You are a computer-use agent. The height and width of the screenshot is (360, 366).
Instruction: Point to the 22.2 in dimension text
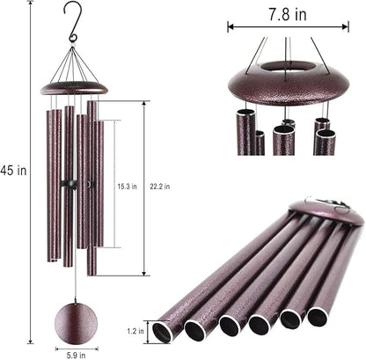coord(161,185)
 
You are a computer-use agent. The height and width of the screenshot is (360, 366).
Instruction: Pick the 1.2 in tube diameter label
coord(135,332)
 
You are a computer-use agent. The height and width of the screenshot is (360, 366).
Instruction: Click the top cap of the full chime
coord(74,86)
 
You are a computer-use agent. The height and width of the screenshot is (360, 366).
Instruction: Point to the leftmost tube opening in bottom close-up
coord(162,331)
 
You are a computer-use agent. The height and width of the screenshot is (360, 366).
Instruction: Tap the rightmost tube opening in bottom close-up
coord(318,315)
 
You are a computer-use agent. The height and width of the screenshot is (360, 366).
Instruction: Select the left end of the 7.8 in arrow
coord(231,26)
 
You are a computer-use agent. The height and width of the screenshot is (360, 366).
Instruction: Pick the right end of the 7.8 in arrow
coord(348,26)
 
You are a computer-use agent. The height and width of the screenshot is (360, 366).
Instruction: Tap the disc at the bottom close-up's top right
coord(339,210)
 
